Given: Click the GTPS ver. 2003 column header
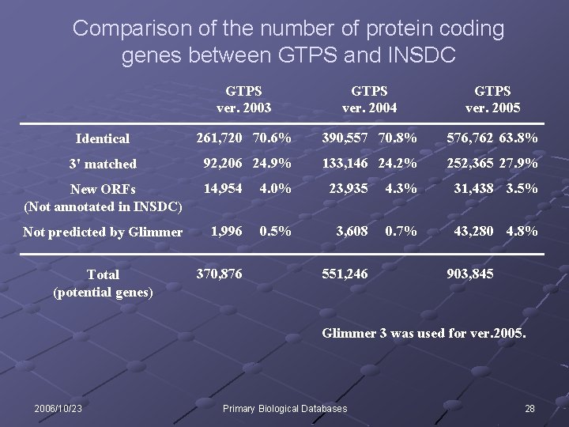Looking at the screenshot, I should pos(243,100).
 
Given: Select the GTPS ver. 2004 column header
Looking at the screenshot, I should pos(369,100).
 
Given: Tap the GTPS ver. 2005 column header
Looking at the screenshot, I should pos(492,100).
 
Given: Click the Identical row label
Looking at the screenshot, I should pos(102,139).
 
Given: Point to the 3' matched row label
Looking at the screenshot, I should pos(103,164).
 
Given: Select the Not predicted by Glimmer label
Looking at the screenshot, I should pos(103,232).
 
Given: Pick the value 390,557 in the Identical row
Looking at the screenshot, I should pos(345,138).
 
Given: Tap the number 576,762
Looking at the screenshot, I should pos(470,138).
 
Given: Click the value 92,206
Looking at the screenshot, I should pos(224,164).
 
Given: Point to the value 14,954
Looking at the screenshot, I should pos(223,189).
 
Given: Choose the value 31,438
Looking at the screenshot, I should pos(473,189).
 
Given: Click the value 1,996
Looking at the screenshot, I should pos(226,231).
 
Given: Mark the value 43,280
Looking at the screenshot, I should pos(473,231).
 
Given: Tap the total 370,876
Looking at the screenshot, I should pos(220,273).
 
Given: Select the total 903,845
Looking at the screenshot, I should pos(470,273).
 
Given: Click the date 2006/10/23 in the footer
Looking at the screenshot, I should pos(58,408).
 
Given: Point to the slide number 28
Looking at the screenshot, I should pos(529,408).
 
